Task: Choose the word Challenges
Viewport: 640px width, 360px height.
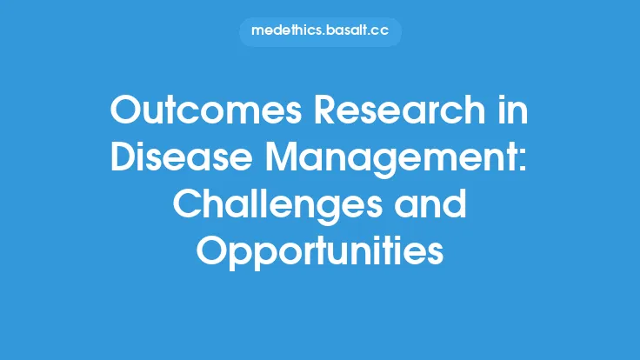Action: coord(274,207)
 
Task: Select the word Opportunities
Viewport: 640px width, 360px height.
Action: coord(319,251)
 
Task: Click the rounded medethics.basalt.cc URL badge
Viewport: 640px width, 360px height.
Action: coord(319,31)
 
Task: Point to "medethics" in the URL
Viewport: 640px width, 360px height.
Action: coord(288,31)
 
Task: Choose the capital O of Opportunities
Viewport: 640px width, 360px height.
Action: coord(211,251)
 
